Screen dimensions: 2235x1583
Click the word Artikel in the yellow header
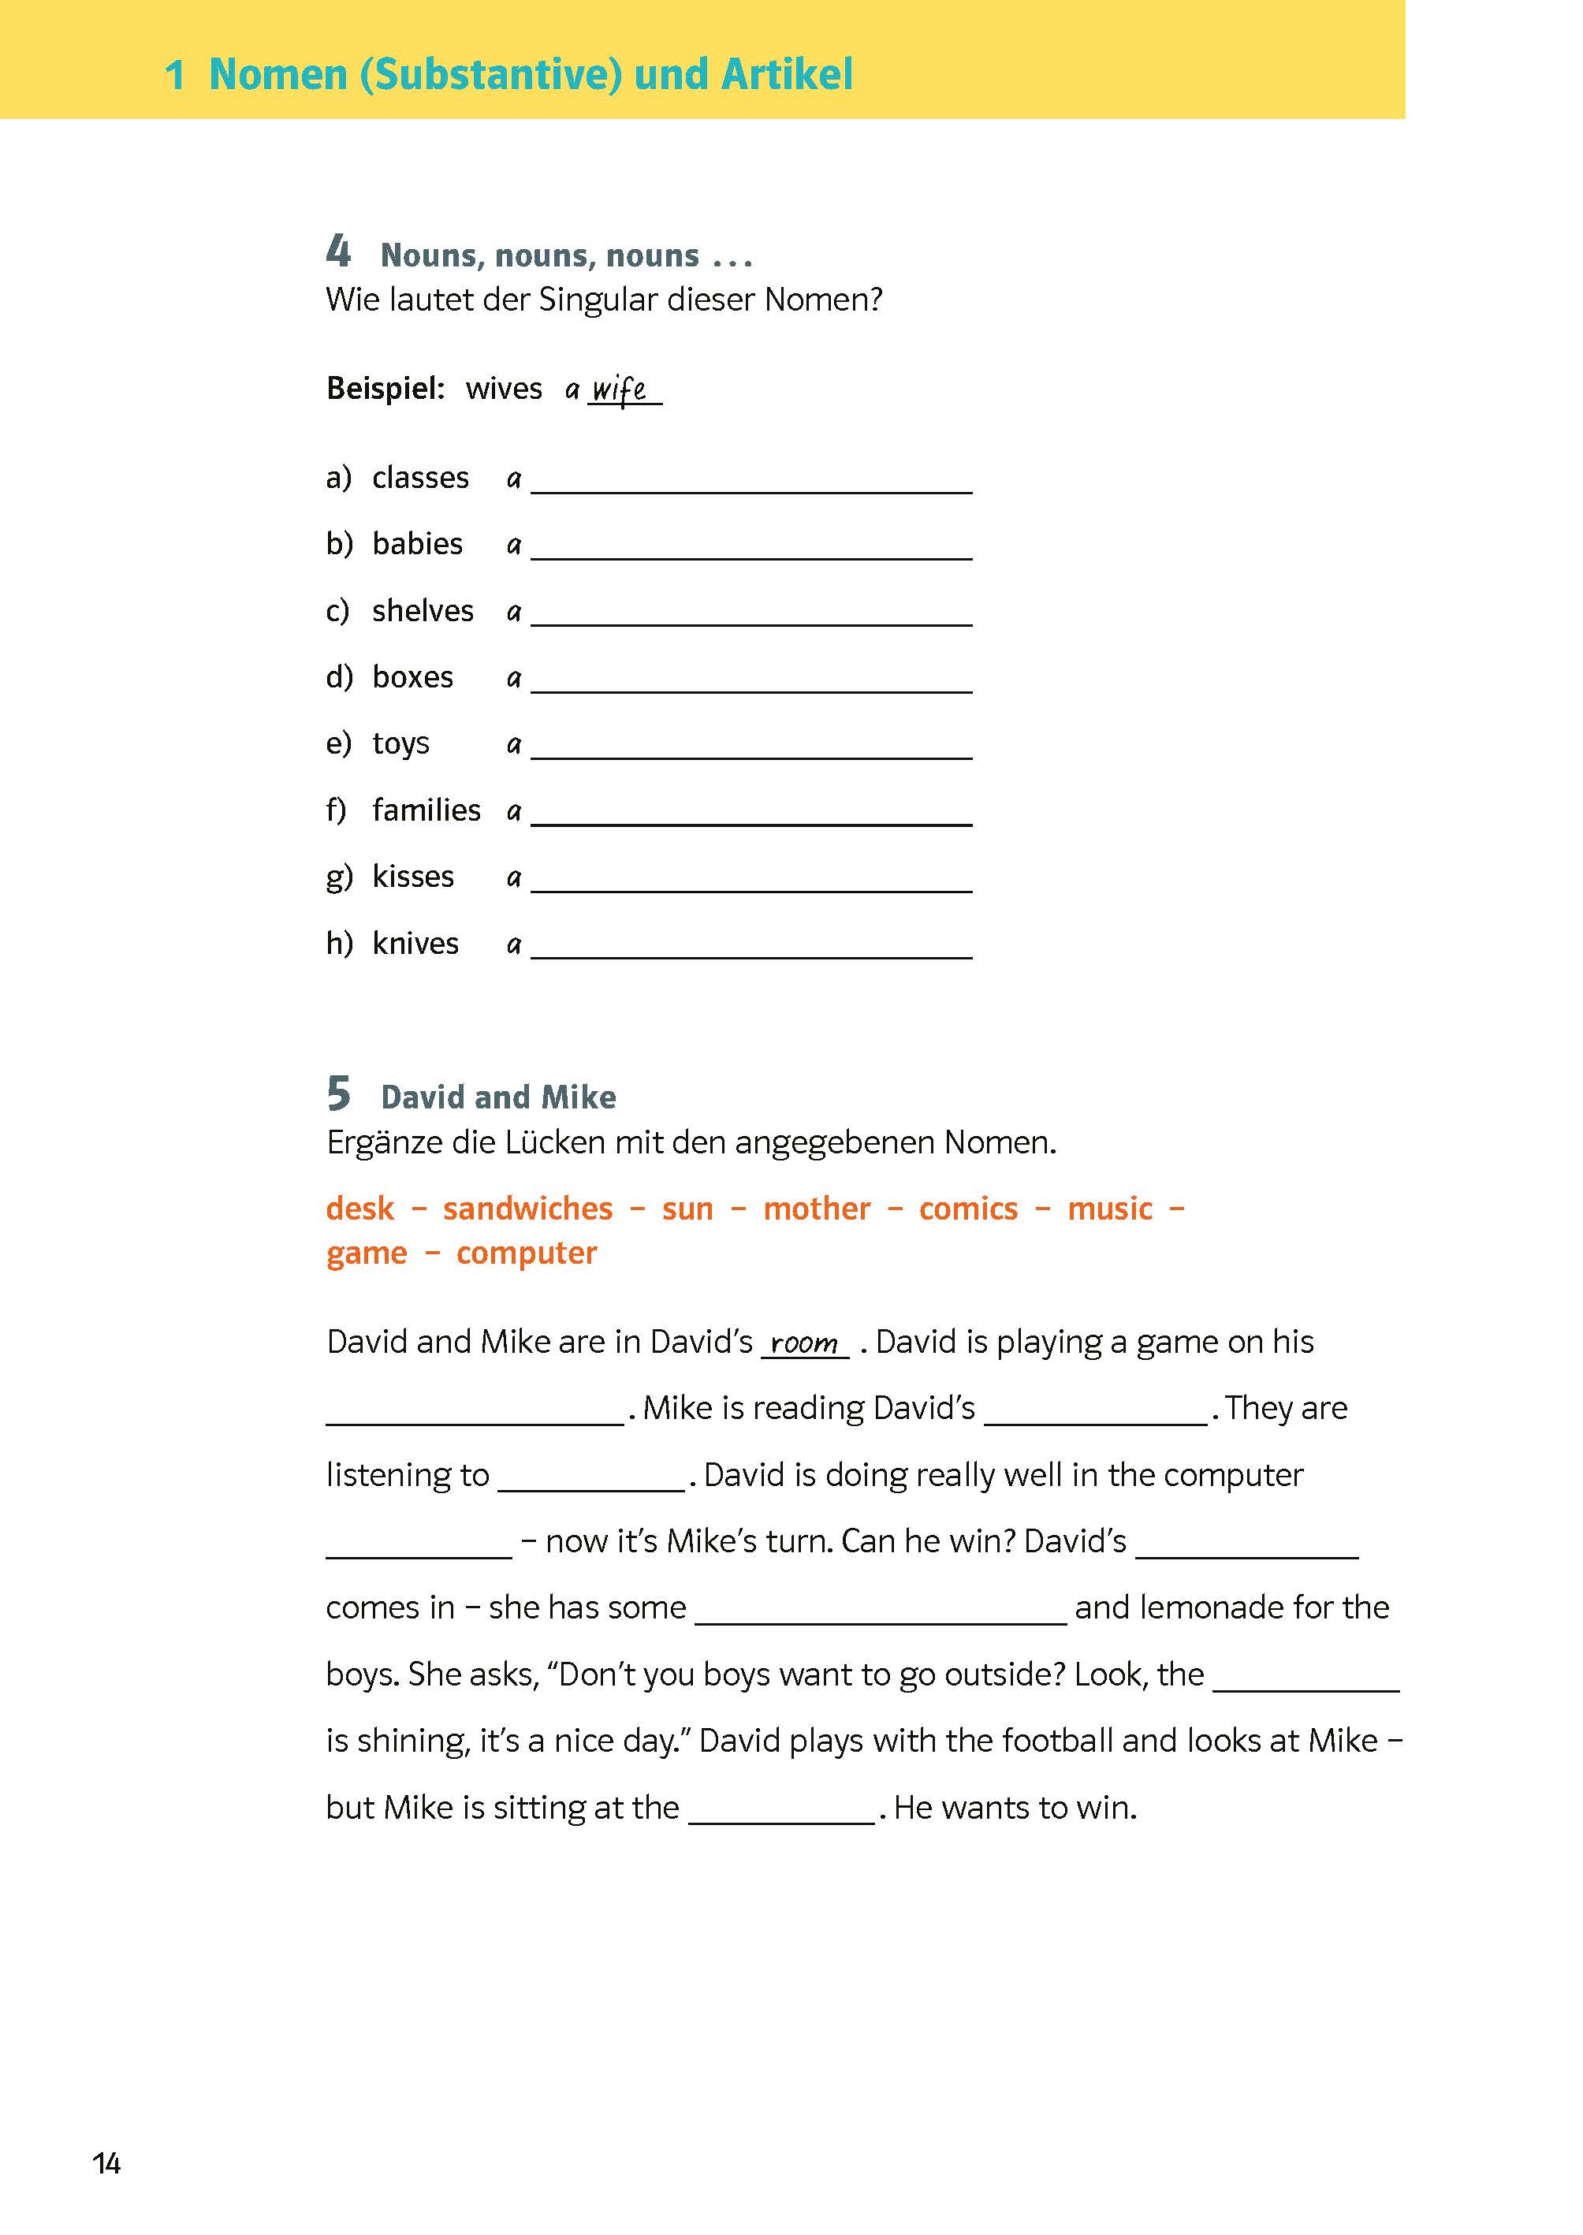pyautogui.click(x=786, y=75)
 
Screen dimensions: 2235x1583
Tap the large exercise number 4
pyautogui.click(x=338, y=251)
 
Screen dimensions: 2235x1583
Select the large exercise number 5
pyautogui.click(x=338, y=1093)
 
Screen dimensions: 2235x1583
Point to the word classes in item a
pyautogui.click(x=420, y=478)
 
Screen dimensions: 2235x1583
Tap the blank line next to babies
pyautogui.click(x=751, y=548)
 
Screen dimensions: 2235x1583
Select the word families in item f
pyautogui.click(x=426, y=810)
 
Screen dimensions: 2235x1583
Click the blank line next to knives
pyautogui.click(x=751, y=948)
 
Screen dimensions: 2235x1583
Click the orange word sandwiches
pyautogui.click(x=527, y=1209)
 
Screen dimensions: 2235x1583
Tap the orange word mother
pyautogui.click(x=816, y=1209)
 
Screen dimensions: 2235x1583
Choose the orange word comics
pyautogui.click(x=968, y=1209)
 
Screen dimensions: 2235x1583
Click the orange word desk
pyautogui.click(x=359, y=1209)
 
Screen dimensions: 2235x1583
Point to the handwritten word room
pyautogui.click(x=804, y=1343)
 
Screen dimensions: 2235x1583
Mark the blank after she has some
pyautogui.click(x=881, y=1610)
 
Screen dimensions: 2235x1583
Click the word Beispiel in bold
pyautogui.click(x=385, y=389)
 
